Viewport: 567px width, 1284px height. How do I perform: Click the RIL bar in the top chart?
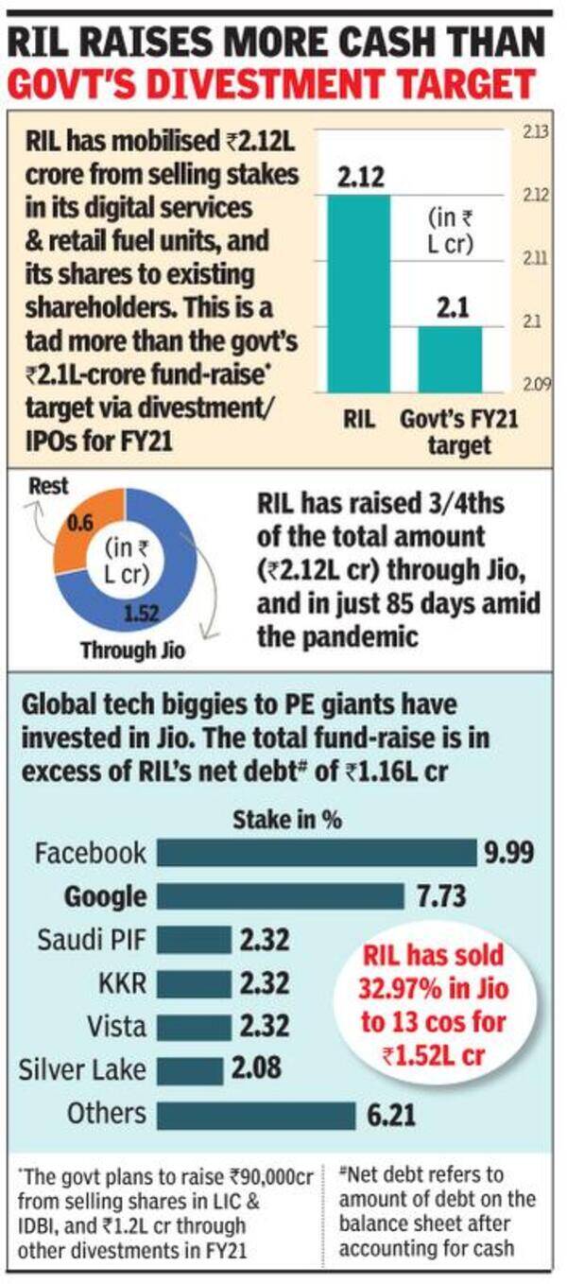pos(358,293)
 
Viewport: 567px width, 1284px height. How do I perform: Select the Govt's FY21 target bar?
pos(450,359)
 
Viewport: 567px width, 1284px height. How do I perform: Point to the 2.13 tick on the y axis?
pos(536,132)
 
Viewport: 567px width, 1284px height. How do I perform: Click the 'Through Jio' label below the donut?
pos(133,650)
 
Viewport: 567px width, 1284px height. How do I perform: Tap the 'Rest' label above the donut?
pos(49,487)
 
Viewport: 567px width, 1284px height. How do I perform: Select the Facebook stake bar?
pos(317,853)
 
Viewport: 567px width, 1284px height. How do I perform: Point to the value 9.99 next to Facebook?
pos(509,853)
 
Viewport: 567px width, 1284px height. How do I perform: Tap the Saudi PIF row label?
pos(92,940)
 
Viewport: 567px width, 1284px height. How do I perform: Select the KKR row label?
pos(123,983)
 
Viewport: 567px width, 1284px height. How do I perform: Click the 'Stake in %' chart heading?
pos(287,821)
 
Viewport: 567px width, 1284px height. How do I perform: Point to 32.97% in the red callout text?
pos(395,988)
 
